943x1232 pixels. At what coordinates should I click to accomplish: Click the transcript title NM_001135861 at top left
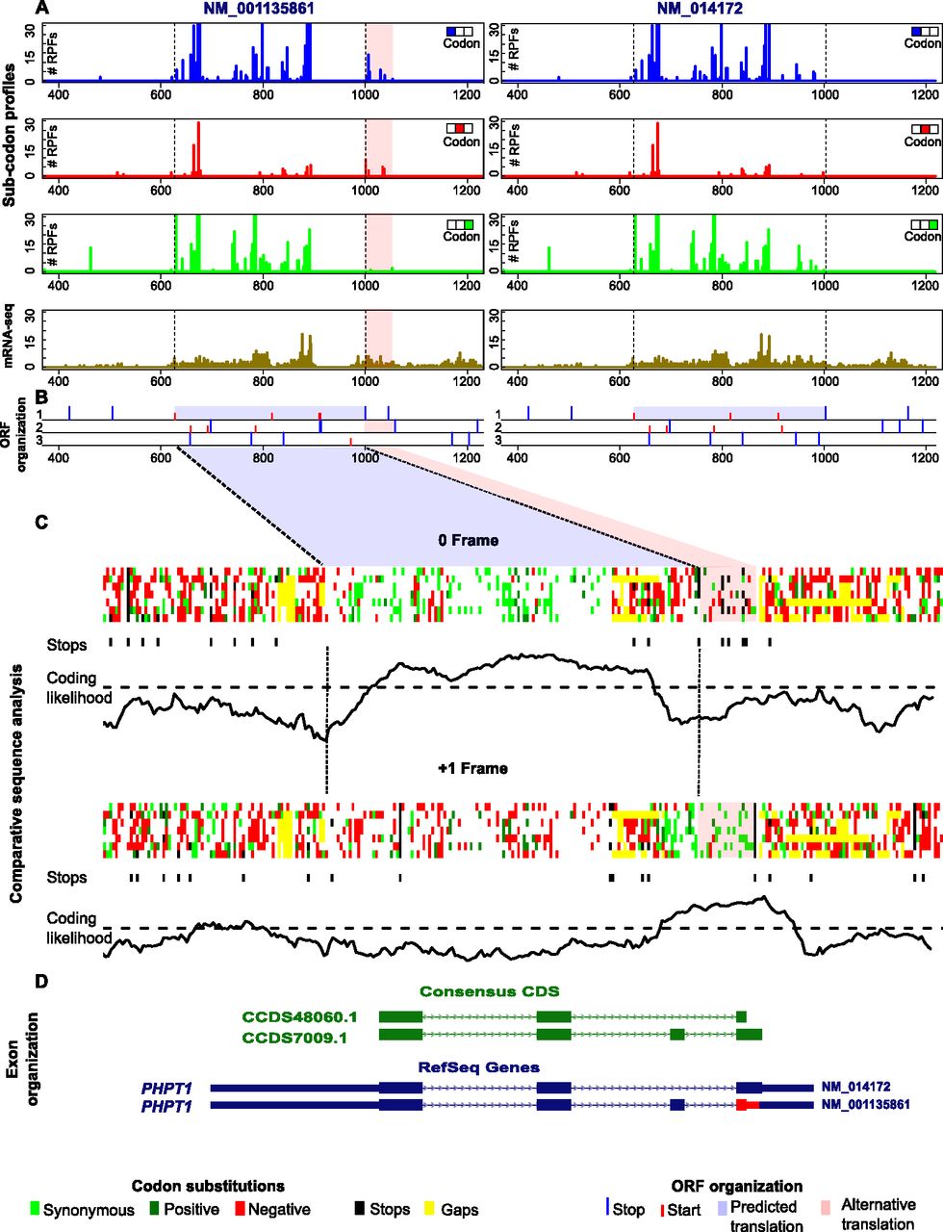[259, 9]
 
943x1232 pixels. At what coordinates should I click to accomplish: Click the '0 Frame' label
[468, 541]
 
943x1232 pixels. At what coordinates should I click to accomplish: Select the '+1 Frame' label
[471, 768]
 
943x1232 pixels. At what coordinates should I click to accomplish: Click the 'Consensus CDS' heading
[489, 991]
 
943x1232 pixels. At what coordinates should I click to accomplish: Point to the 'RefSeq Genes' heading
[478, 1066]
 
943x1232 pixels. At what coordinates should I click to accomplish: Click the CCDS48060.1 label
[299, 1016]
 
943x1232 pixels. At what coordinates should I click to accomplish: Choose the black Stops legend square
[360, 1210]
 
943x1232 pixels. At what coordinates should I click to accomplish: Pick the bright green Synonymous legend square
[36, 1210]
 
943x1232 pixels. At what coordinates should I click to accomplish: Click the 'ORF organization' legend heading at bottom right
[737, 1186]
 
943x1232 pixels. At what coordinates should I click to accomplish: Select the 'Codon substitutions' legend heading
[208, 1186]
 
